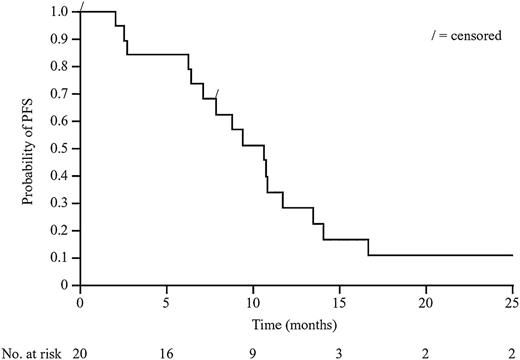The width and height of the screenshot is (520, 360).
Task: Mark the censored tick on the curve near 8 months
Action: tap(217, 95)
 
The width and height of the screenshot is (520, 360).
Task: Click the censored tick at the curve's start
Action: tap(83, 10)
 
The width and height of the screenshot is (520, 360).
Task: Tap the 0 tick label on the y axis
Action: tap(65, 285)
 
